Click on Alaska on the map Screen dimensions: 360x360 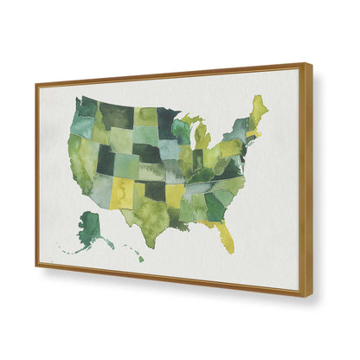click(x=90, y=228)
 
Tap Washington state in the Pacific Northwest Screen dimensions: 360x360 click(x=88, y=106)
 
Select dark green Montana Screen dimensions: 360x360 click(x=117, y=115)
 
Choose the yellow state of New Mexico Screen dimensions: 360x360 click(x=122, y=193)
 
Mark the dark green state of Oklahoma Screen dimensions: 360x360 click(x=155, y=189)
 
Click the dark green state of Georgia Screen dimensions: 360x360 click(x=215, y=206)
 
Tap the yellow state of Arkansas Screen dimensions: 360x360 click(x=175, y=195)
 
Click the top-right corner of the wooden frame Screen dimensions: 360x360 click(x=308, y=64)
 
